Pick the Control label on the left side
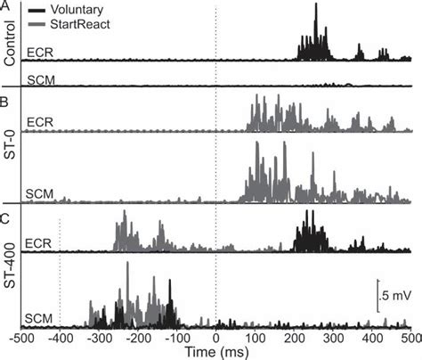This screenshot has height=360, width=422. pyautogui.click(x=9, y=44)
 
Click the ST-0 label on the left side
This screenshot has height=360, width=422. pyautogui.click(x=9, y=142)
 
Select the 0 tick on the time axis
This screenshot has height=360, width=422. pyautogui.click(x=215, y=340)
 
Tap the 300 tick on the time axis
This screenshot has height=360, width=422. pyautogui.click(x=332, y=340)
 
